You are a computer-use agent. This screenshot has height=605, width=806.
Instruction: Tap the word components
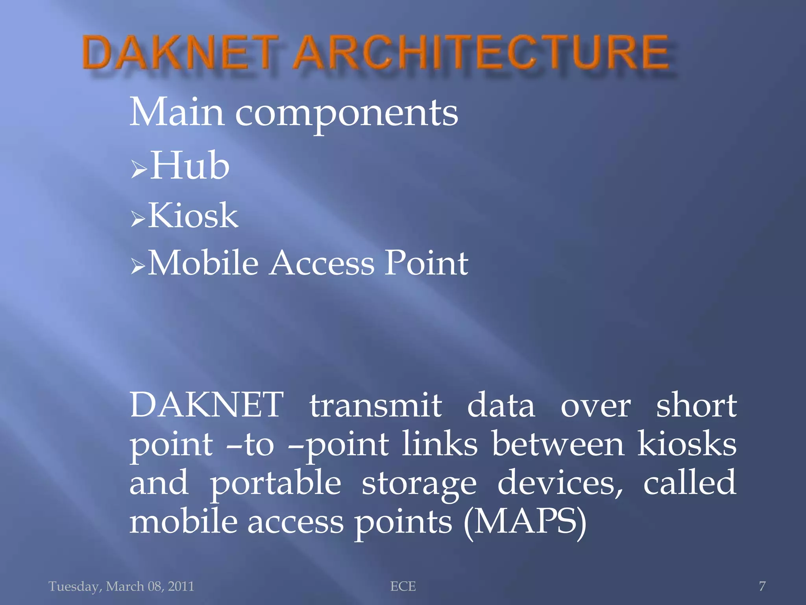(x=346, y=114)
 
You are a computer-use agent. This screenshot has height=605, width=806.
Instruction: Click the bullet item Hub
(x=189, y=166)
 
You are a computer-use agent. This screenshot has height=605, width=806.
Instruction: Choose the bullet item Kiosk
(x=193, y=215)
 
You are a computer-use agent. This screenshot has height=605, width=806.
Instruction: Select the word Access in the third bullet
(x=322, y=263)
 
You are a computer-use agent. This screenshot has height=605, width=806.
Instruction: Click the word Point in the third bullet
(x=426, y=263)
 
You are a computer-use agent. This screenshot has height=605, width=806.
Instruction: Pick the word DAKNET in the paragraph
(x=207, y=405)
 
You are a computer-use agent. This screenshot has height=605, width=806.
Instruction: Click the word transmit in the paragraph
(x=375, y=406)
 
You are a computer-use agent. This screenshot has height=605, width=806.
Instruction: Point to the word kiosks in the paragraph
(x=687, y=444)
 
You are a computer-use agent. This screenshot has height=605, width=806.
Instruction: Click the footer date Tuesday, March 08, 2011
(x=121, y=586)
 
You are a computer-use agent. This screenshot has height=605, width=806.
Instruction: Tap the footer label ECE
(x=403, y=586)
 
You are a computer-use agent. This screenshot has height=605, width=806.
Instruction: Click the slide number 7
(x=762, y=586)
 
